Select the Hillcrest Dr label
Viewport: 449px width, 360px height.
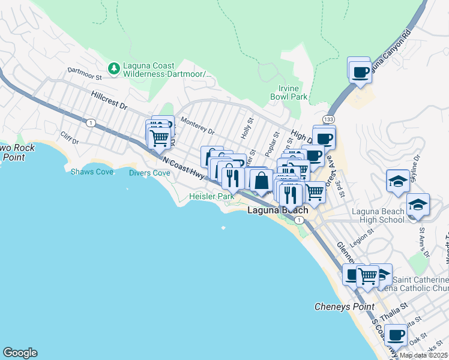coord(110,100)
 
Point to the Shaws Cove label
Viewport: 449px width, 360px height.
coord(92,172)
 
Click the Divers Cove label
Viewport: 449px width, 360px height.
coord(149,173)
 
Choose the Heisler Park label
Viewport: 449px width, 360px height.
coord(211,196)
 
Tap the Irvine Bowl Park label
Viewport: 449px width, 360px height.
coord(289,92)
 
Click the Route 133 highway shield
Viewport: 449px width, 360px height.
coord(328,120)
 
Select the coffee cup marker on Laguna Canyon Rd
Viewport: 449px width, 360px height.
coord(360,72)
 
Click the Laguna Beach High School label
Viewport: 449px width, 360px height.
coord(370,215)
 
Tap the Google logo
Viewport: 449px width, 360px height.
coord(20,353)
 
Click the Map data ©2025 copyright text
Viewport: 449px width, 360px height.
coord(423,355)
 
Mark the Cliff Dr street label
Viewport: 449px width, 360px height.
coord(70,139)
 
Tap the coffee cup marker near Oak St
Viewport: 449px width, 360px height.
coord(396,334)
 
